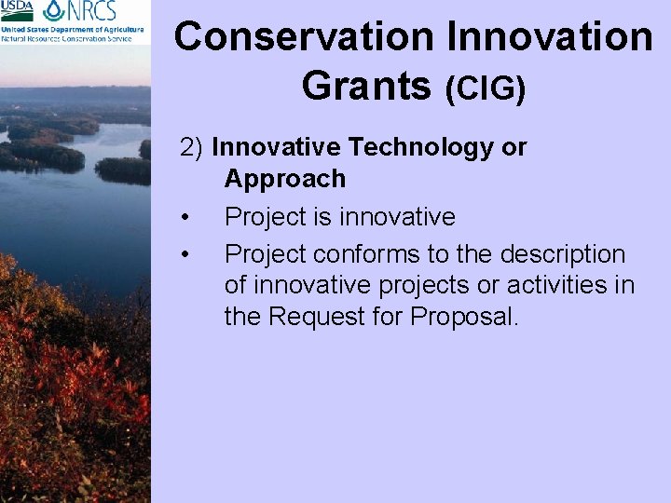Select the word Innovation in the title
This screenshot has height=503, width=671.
click(550, 37)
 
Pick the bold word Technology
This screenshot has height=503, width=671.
click(406, 147)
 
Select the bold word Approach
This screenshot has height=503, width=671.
click(284, 178)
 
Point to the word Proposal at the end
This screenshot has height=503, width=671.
click(462, 317)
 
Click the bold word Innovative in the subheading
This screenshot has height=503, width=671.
click(277, 147)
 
